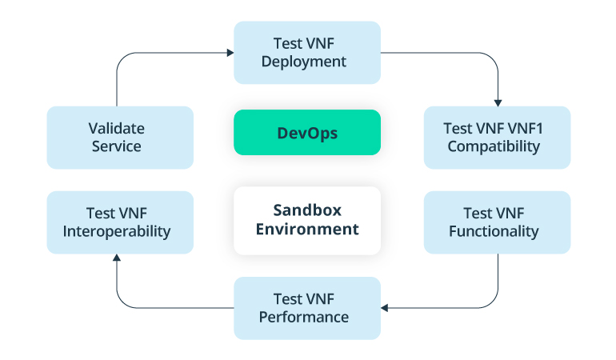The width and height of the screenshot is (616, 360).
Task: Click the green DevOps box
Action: tap(307, 133)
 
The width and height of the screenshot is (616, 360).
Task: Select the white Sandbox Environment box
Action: tap(307, 220)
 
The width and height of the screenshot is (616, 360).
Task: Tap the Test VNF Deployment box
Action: tap(307, 53)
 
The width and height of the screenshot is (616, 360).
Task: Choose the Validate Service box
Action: tap(120, 138)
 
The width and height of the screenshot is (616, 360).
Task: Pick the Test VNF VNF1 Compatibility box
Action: tap(497, 138)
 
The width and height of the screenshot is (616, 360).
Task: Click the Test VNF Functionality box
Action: tap(497, 222)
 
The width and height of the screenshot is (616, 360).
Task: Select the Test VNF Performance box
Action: tap(307, 308)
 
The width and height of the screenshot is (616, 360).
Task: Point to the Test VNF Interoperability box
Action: tap(120, 222)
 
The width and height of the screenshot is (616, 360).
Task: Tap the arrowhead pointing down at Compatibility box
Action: tap(498, 102)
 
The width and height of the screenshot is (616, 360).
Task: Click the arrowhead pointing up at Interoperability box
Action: tap(117, 258)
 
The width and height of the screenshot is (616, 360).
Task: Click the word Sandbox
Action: tap(307, 210)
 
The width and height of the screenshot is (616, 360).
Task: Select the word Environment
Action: tap(307, 230)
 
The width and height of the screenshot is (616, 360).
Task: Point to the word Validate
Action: tap(117, 128)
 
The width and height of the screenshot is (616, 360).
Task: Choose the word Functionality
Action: tap(494, 232)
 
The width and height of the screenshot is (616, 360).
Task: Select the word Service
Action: tap(117, 146)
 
